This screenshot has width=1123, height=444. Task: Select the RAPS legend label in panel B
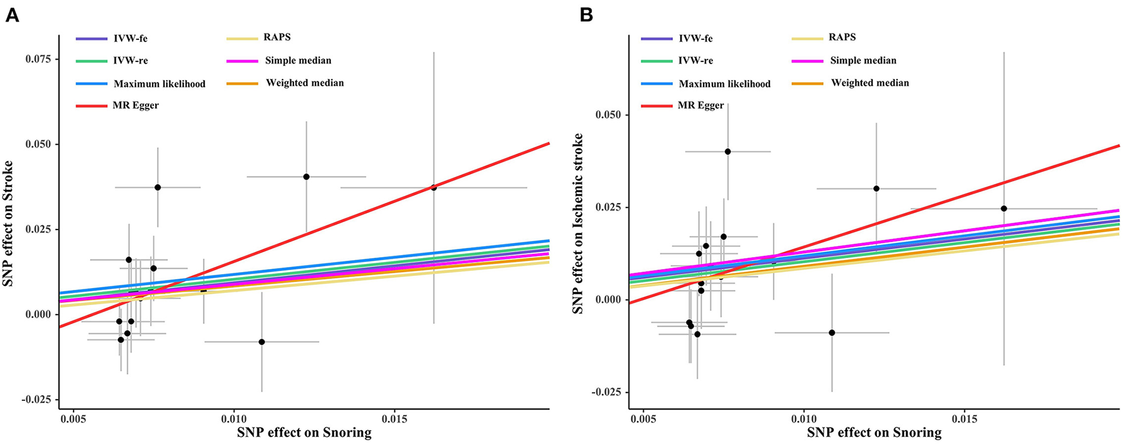842,37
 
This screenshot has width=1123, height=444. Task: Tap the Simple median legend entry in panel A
298,60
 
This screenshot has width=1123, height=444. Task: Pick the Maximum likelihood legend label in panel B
724,84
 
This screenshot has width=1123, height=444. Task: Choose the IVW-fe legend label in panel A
130,38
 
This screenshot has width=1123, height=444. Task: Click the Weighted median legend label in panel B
870,83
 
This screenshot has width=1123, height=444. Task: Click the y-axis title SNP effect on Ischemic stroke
578,223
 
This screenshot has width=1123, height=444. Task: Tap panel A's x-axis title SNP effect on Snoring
304,433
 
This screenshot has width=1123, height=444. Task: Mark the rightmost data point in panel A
433,188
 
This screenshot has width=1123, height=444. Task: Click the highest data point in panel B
728,152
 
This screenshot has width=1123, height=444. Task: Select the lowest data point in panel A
262,342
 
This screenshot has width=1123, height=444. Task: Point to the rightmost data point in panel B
1004,209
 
